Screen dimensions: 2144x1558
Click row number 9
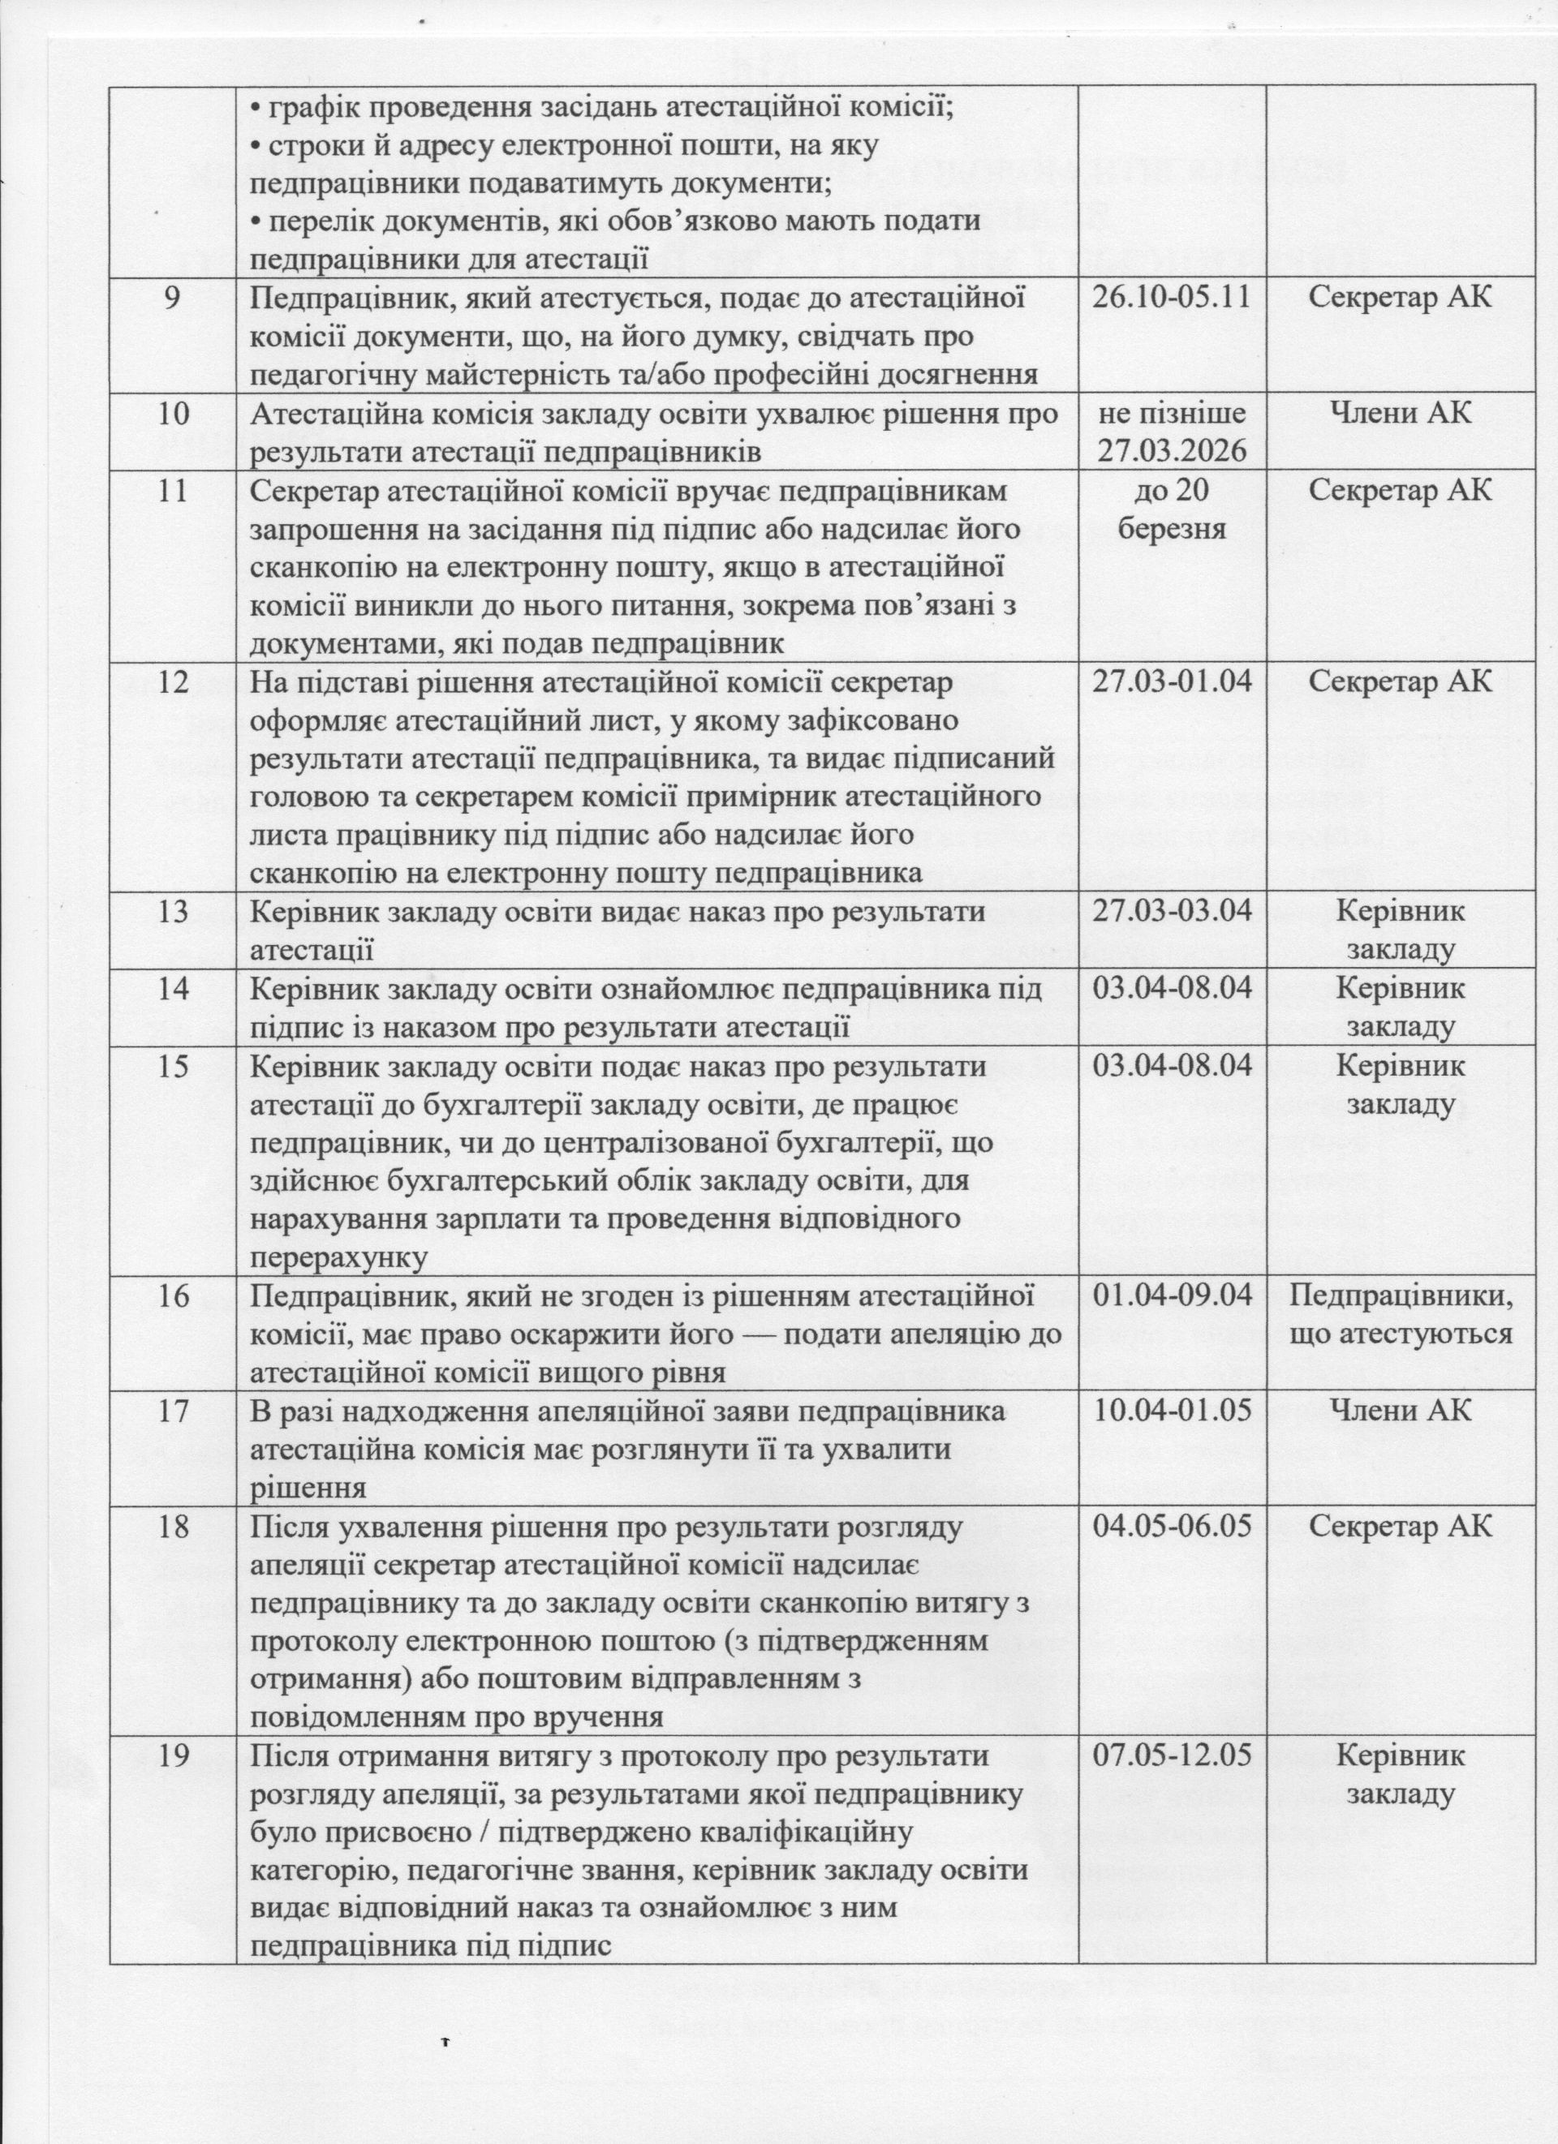pyautogui.click(x=173, y=298)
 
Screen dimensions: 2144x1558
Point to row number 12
pyautogui.click(x=173, y=681)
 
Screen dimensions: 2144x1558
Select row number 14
pyautogui.click(x=173, y=989)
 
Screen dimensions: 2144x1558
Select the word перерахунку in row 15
pyautogui.click(x=338, y=1257)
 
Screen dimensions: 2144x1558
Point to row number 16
pyautogui.click(x=173, y=1295)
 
